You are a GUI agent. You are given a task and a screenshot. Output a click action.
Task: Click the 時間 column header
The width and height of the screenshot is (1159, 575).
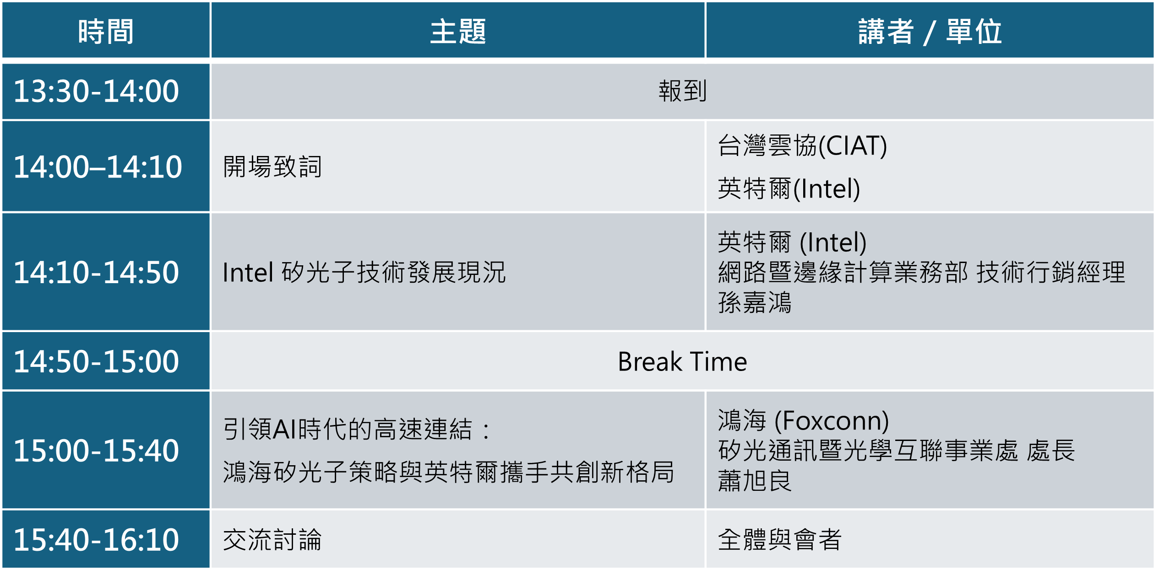point(106,31)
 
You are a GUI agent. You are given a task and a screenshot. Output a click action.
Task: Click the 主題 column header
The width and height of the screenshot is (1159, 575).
point(458,31)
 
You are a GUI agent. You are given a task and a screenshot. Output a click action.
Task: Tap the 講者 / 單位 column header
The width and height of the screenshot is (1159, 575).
point(930,31)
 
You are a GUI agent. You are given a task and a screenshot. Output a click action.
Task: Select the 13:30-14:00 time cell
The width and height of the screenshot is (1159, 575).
point(96,91)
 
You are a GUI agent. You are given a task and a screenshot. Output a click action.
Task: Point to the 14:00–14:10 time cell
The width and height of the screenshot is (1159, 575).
point(98,167)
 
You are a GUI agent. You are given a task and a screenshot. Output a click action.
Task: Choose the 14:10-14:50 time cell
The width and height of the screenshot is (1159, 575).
point(96,272)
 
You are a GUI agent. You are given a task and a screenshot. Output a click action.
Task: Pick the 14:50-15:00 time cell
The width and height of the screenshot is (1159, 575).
point(96,361)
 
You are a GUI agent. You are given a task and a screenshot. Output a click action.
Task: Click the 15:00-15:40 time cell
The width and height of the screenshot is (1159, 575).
point(96,451)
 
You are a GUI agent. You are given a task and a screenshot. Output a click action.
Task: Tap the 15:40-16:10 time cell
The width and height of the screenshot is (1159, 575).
point(96,540)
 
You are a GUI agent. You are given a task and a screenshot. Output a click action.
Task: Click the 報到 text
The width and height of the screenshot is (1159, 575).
point(683,91)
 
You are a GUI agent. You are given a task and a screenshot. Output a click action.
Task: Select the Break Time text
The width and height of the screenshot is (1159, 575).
point(682,361)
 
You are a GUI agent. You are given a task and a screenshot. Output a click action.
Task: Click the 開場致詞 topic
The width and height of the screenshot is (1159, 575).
point(272,167)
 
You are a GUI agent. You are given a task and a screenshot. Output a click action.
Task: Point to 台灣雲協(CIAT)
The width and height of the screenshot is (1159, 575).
point(802,145)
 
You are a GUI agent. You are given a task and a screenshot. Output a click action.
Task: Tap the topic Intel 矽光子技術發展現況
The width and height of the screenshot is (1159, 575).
point(364,272)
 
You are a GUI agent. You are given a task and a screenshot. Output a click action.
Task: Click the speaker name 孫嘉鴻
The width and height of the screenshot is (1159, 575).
point(755,302)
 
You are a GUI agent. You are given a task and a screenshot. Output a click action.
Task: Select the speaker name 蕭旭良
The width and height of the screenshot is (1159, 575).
point(755,481)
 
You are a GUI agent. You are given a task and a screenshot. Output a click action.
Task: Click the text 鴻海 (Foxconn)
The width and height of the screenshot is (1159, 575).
point(804,420)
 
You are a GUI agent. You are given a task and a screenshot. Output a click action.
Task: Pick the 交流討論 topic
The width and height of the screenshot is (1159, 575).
point(272,540)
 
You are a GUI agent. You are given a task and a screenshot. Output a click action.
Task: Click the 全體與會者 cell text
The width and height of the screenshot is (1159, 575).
point(780,540)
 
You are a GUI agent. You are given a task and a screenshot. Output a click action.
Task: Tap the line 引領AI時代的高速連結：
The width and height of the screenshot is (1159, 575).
point(357,430)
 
